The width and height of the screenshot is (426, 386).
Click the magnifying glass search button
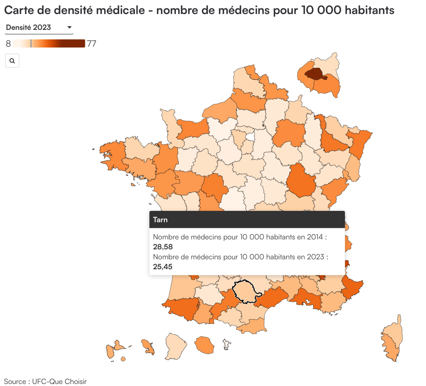12,61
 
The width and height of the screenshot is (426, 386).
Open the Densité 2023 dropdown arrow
69,27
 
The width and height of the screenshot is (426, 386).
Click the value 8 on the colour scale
8,44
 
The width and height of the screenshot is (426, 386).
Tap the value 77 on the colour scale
92,44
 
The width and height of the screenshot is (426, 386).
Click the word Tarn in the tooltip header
160,220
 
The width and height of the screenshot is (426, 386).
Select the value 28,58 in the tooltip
163,247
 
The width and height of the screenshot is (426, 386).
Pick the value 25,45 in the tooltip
163,267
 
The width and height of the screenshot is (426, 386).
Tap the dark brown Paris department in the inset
315,74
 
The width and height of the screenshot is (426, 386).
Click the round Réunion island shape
204,344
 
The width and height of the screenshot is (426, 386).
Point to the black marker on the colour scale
31,43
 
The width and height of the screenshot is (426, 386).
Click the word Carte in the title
19,10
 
